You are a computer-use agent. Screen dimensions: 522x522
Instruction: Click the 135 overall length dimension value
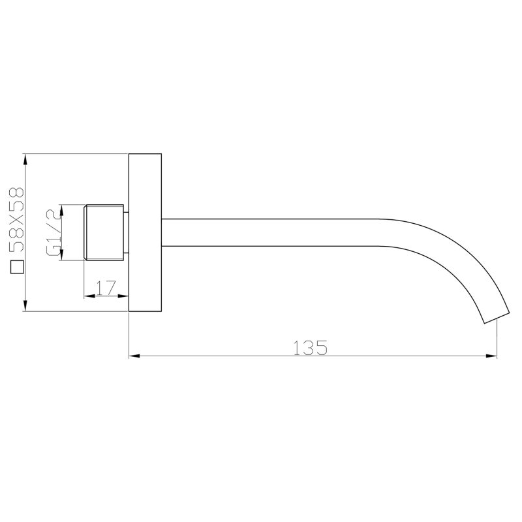click(x=309, y=348)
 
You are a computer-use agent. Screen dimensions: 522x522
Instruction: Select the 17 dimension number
click(x=106, y=287)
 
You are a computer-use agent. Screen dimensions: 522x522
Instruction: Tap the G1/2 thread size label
click(x=52, y=232)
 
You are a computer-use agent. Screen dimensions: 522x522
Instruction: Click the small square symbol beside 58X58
click(x=17, y=267)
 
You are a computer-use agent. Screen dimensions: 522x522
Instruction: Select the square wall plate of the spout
click(x=145, y=233)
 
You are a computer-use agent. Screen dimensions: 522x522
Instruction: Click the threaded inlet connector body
click(x=104, y=233)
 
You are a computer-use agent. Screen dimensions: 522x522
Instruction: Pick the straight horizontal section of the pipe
click(x=274, y=233)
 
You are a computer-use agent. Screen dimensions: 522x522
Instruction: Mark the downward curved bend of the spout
click(x=457, y=261)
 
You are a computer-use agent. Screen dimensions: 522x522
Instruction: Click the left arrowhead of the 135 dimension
click(x=134, y=356)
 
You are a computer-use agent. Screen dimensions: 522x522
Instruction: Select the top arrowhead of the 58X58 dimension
click(x=25, y=161)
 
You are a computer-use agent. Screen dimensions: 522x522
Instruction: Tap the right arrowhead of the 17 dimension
click(x=123, y=295)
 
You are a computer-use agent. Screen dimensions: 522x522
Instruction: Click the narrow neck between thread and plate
click(x=127, y=233)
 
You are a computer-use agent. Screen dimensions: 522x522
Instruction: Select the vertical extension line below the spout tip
click(x=497, y=339)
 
